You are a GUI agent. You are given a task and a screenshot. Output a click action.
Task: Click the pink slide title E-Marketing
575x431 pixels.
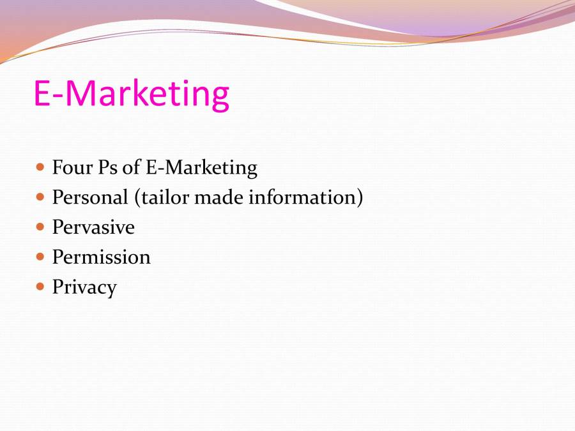point(131,93)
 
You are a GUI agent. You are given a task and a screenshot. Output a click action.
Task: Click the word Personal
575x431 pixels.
point(90,197)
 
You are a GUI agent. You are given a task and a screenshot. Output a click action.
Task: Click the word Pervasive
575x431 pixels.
point(93,227)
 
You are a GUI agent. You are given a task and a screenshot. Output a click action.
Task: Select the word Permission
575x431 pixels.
point(101,257)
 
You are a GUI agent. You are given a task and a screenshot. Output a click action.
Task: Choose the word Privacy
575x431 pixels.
point(84,287)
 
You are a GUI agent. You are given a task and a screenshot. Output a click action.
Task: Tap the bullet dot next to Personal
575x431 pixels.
point(40,197)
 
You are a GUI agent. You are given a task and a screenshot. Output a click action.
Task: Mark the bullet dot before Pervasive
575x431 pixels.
point(40,227)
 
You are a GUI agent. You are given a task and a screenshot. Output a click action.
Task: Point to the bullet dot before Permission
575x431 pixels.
point(40,257)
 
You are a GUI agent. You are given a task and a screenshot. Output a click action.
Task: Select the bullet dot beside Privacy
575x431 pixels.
point(40,286)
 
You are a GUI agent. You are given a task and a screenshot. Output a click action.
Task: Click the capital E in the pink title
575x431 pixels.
point(42,93)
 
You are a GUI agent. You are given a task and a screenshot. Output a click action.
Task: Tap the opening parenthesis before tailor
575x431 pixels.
point(137,198)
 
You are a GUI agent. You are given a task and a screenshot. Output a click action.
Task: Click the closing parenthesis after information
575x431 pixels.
point(360,198)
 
